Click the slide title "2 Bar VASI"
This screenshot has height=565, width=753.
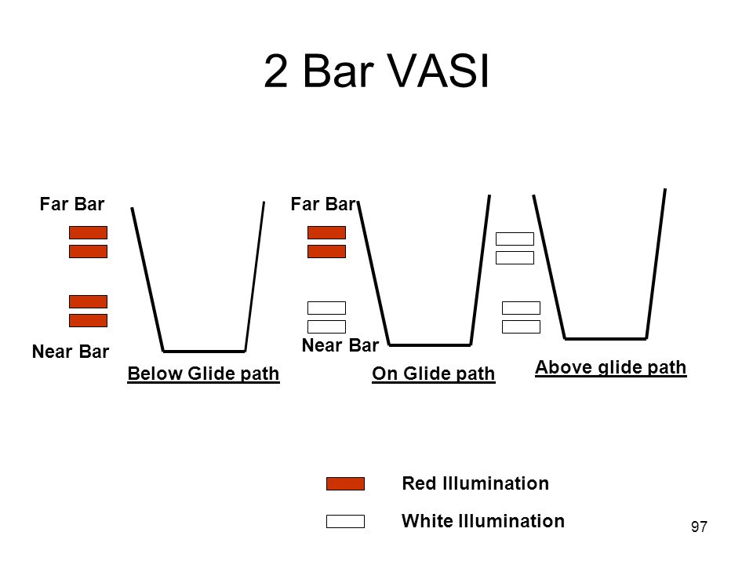tap(376, 72)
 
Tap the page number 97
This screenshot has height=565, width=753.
tap(699, 527)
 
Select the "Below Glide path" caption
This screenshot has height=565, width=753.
tap(203, 374)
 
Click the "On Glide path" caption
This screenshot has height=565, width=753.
tap(434, 374)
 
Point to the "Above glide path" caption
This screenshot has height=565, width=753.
tap(610, 367)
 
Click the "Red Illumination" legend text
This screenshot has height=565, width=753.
tap(475, 483)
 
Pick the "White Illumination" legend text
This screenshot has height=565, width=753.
tap(482, 520)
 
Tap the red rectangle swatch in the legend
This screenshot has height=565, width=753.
tap(345, 483)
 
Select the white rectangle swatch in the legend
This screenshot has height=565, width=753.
tap(345, 521)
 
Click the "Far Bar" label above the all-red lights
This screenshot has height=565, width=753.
tap(72, 205)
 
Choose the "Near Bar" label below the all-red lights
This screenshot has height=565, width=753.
tap(71, 352)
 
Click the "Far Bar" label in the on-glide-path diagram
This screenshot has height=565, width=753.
tap(323, 205)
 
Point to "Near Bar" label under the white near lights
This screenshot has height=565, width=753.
tap(340, 344)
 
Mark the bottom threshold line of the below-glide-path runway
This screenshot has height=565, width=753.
tap(204, 351)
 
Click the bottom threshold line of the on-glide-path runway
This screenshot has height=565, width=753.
tap(430, 344)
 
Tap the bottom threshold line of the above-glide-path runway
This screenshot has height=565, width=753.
tap(606, 338)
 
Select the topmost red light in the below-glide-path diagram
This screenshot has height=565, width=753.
tap(88, 232)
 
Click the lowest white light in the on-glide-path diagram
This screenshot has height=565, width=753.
tap(326, 326)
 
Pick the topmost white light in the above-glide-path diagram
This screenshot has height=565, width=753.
tap(515, 239)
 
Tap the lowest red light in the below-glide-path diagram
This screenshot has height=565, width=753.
tap(88, 320)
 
